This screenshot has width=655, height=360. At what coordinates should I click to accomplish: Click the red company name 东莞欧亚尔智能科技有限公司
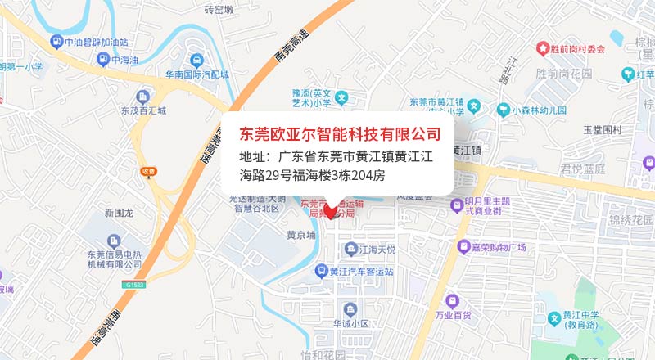pos(339,133)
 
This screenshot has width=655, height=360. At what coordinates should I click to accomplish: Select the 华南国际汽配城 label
pos(196,74)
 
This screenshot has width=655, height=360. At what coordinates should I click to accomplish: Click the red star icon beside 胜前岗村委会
pos(543,49)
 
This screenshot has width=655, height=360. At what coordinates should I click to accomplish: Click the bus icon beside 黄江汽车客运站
pos(324,272)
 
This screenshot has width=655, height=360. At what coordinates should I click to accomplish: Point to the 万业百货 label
pos(453,314)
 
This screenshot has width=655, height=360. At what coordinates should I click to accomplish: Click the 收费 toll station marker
pos(147,171)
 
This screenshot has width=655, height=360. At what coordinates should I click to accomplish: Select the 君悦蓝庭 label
pos(582,169)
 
